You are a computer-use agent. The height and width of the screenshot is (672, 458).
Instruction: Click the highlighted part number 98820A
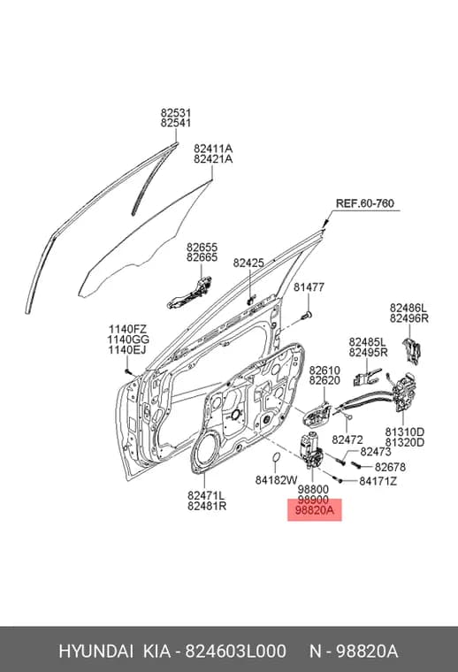315,510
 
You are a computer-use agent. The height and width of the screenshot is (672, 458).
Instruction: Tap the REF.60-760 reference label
364,203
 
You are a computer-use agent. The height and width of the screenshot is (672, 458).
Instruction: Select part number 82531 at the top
176,112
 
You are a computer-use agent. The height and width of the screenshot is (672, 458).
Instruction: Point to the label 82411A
213,149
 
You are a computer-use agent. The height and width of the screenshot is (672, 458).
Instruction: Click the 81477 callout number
309,287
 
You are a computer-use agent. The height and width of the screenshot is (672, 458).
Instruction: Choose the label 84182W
277,480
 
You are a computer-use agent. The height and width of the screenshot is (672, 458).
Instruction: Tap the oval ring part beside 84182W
277,458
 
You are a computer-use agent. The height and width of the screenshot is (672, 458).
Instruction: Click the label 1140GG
128,340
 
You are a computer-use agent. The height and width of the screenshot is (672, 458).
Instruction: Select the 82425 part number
248,263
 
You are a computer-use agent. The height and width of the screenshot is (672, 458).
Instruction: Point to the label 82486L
408,308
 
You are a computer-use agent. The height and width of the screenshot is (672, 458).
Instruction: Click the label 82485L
367,342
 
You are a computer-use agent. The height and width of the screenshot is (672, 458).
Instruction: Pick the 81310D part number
404,432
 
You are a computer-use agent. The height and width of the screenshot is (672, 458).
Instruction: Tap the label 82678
390,467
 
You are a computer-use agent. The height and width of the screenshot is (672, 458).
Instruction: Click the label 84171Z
378,482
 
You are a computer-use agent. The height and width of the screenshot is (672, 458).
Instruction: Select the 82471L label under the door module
206,495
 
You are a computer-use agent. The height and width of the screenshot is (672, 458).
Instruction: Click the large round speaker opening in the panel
210,452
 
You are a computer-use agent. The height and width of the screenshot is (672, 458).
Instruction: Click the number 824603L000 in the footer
235,652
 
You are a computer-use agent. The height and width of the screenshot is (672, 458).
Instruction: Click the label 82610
324,370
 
